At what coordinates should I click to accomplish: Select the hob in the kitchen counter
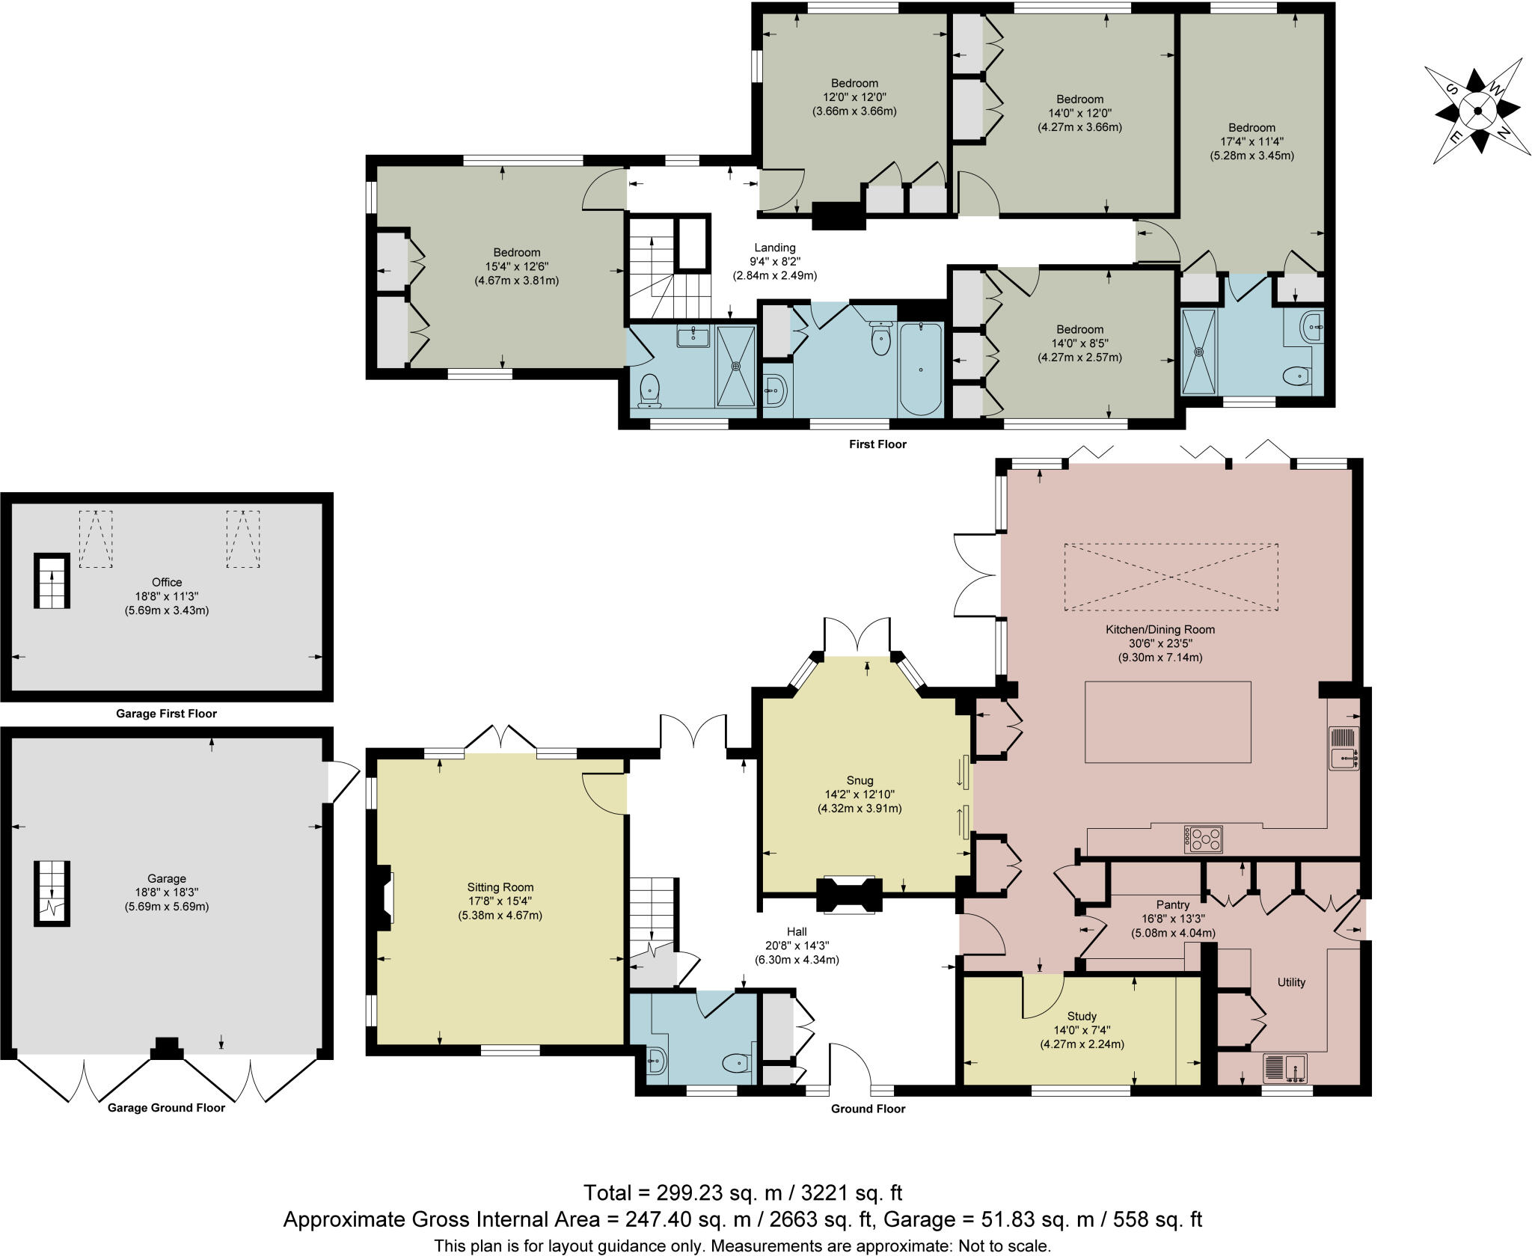1204,839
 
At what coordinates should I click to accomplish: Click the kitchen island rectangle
1168,722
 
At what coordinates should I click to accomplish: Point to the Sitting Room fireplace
383,898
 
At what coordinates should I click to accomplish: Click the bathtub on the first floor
921,368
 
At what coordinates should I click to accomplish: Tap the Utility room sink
1286,1068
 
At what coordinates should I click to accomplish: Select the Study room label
1082,1016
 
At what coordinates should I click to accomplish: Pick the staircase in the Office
52,581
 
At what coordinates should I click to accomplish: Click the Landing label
774,248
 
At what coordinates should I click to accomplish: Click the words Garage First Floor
166,714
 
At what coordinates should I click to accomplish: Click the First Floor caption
877,444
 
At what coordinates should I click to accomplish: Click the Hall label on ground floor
797,932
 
